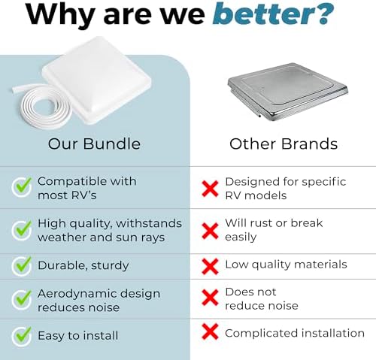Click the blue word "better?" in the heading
tap(273, 14)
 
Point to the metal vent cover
tap(288, 92)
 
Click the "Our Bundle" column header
tap(94, 144)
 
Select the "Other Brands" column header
tap(284, 144)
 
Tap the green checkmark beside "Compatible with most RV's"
tap(22, 186)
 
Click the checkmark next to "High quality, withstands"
tap(22, 230)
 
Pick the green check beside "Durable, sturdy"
tap(22, 266)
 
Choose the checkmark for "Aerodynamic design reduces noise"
tap(22, 300)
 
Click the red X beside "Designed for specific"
tap(210, 189)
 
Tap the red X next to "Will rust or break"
tap(210, 231)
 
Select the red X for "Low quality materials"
tap(210, 267)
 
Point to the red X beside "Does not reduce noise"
tap(210, 298)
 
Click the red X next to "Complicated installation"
tap(210, 331)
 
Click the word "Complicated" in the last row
tap(262, 334)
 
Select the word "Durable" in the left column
tap(60, 265)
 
